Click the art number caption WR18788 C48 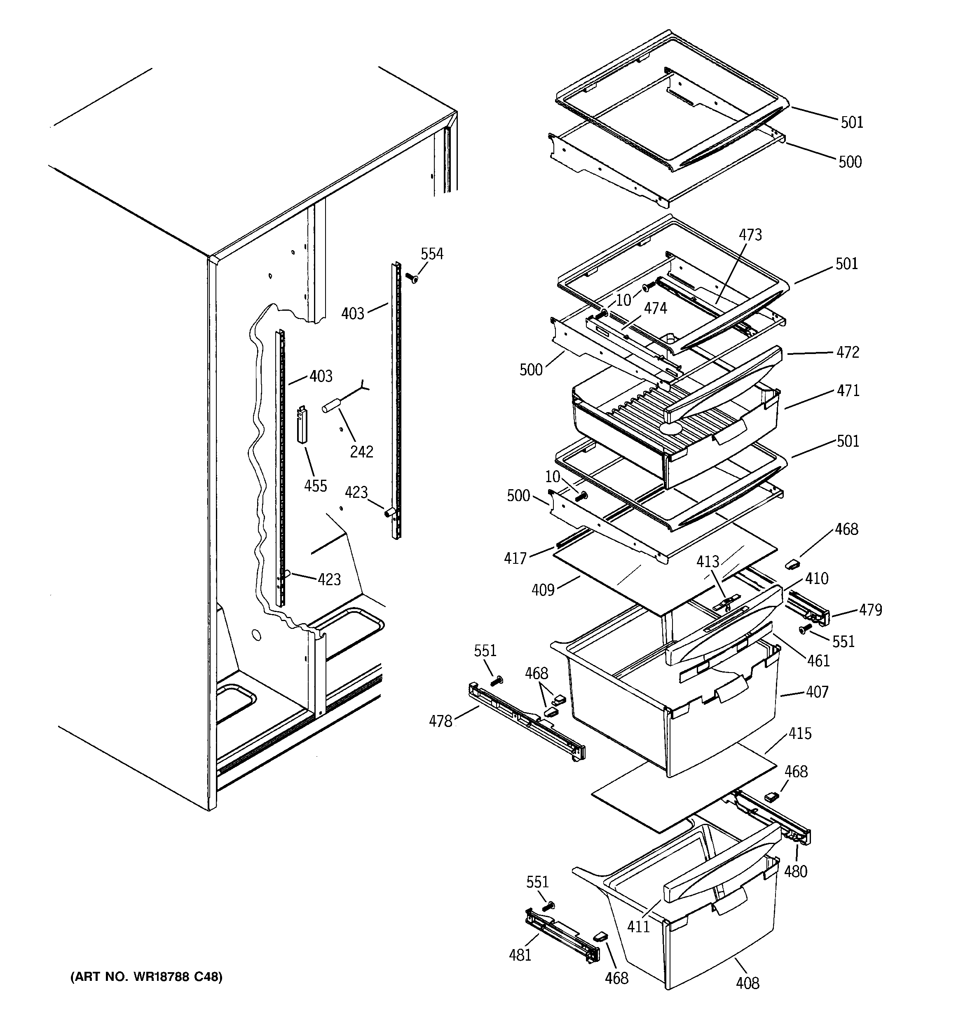[x=146, y=977]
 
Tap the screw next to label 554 [x=411, y=278]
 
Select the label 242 [x=361, y=452]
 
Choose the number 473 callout [x=750, y=235]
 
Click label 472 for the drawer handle [x=847, y=352]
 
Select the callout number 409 [x=543, y=590]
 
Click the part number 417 [x=515, y=558]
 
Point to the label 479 [x=870, y=610]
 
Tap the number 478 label [x=440, y=721]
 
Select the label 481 [x=520, y=955]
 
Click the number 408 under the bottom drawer [x=747, y=983]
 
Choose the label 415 [x=800, y=734]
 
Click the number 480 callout [x=795, y=871]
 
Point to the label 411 [x=638, y=926]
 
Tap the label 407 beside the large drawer [x=817, y=692]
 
